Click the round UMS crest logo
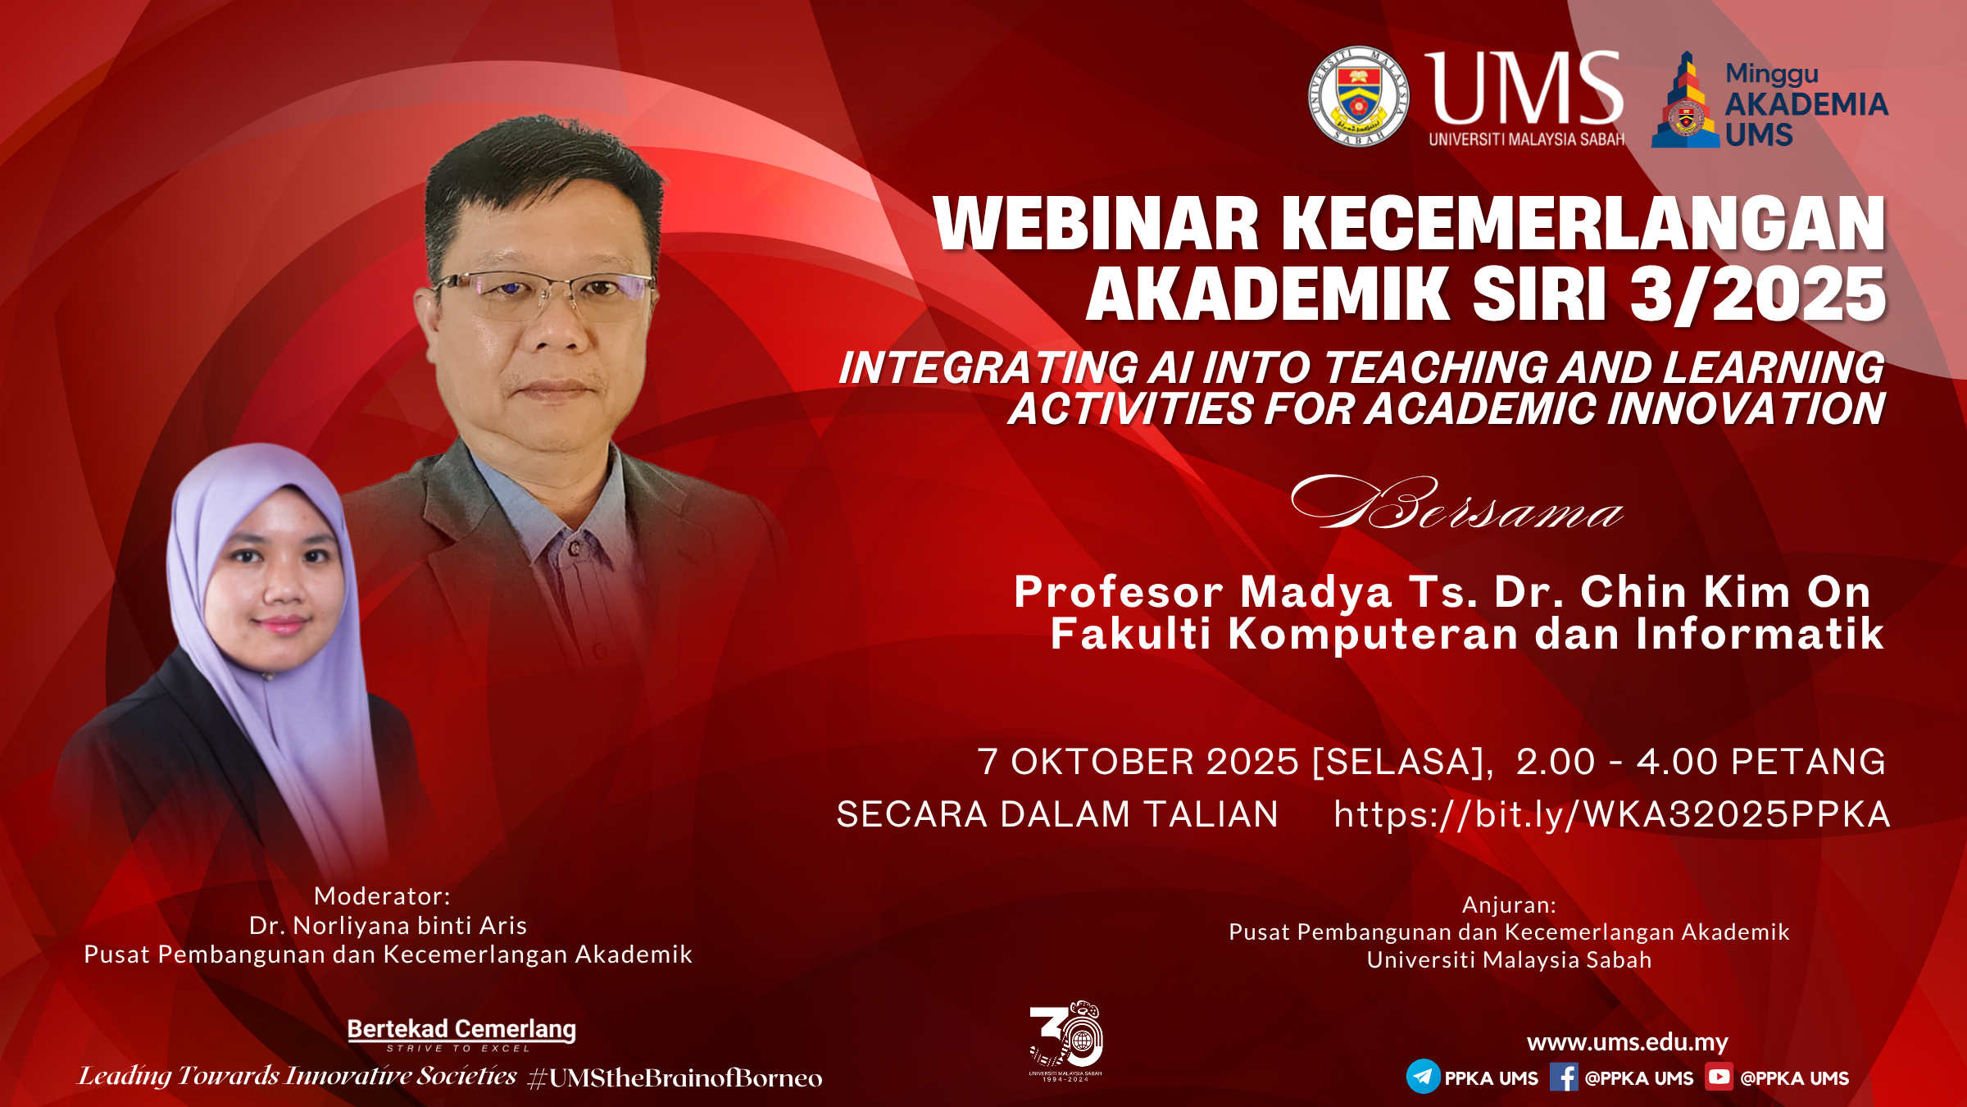coord(1358,96)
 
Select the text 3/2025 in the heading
coord(1758,295)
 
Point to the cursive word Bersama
coord(1456,503)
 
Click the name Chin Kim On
coord(1725,591)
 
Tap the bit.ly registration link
coord(1611,814)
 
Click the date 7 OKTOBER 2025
coord(1138,762)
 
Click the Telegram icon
coord(1423,1077)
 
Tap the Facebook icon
coord(1564,1077)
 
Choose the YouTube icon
coord(1719,1076)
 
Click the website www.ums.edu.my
coord(1627,1042)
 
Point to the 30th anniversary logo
coord(1065,1040)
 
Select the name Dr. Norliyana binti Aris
coord(388,926)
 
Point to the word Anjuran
coord(1509,905)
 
